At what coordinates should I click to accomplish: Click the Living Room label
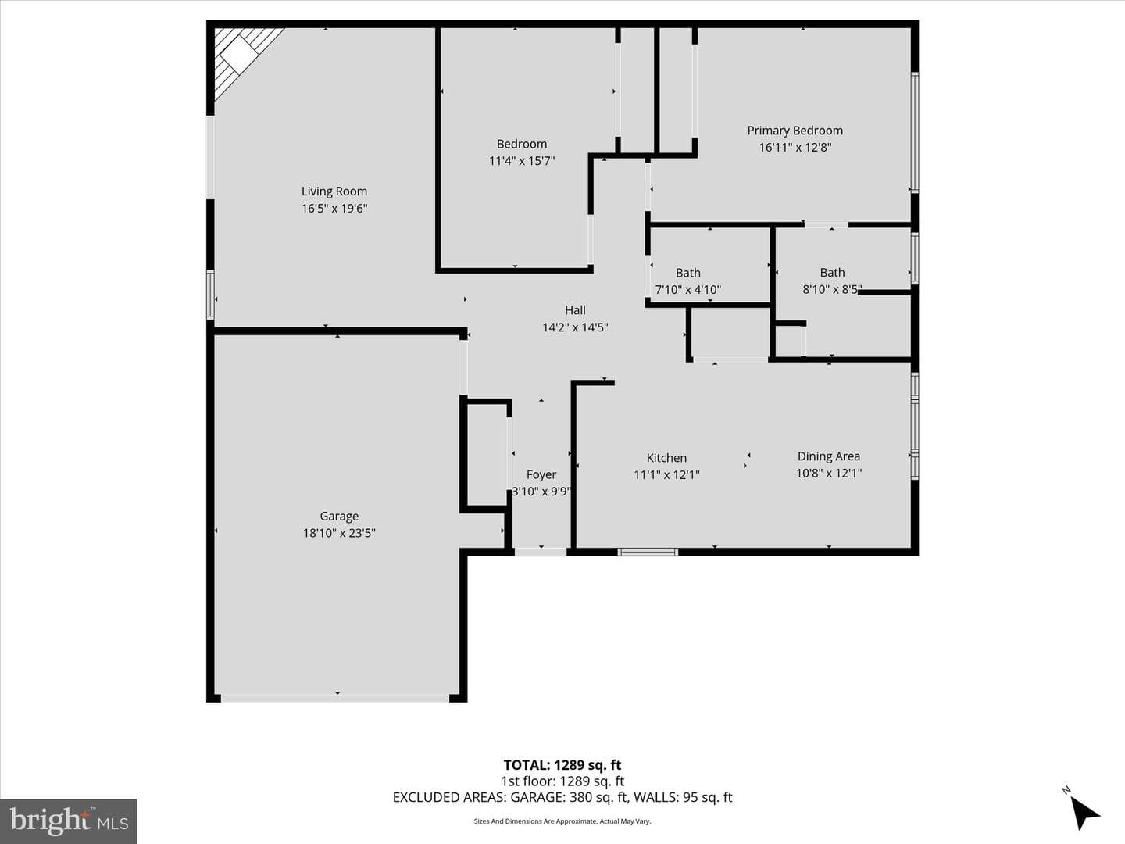(x=334, y=191)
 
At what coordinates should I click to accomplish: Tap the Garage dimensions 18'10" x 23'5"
(x=339, y=533)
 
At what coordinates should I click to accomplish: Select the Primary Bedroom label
(x=795, y=131)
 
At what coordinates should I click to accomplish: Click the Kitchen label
(x=666, y=458)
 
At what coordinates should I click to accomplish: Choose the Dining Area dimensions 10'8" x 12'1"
(x=829, y=473)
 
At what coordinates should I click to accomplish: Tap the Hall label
(x=575, y=310)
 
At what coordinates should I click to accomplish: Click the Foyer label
(x=541, y=475)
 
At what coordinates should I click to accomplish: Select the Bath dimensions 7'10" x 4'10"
(x=687, y=289)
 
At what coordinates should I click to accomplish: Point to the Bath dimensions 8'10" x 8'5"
(x=832, y=289)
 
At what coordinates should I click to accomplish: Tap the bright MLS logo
(x=69, y=821)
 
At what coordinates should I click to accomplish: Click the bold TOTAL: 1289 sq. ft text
(x=562, y=765)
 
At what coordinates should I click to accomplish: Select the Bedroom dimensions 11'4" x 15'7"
(x=522, y=161)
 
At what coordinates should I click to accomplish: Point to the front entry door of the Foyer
(x=541, y=552)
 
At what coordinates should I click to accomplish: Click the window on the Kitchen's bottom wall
(x=648, y=552)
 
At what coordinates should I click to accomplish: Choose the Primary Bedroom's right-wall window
(x=914, y=132)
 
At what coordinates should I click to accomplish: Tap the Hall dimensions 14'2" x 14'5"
(x=575, y=327)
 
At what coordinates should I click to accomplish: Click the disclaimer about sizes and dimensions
(x=562, y=821)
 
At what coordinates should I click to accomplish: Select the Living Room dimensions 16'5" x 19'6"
(x=334, y=209)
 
